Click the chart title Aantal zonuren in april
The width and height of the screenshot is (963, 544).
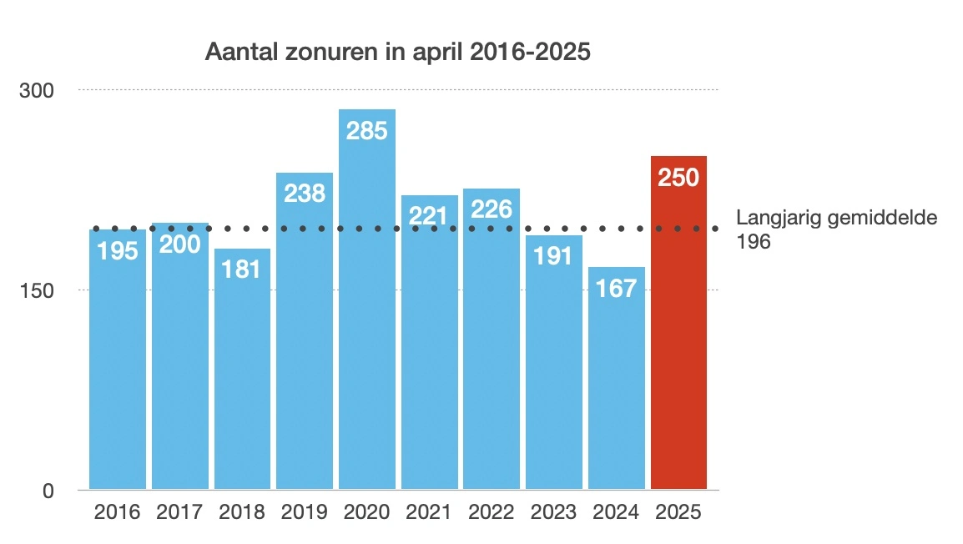398,53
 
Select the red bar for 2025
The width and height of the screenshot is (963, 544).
678,334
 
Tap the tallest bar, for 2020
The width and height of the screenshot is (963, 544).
367,317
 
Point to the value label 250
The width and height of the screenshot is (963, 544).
678,178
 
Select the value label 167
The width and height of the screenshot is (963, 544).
617,289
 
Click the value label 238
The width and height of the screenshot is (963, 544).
305,194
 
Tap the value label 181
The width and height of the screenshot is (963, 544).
242,269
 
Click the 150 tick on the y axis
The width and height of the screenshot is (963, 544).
37,290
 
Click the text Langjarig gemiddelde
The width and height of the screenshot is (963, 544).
837,219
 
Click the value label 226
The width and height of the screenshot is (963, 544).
492,209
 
